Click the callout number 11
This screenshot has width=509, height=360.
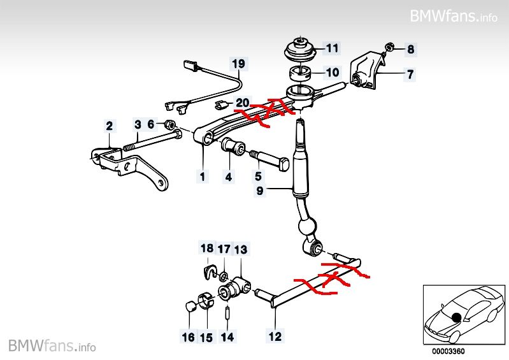332,48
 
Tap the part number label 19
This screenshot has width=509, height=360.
239,64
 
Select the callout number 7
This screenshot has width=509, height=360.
410,75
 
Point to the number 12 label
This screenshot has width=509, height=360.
275,336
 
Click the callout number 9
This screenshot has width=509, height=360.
260,191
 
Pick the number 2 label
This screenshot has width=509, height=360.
110,126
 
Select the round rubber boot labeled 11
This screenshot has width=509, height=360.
299,50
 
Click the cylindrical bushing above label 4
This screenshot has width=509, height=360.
233,147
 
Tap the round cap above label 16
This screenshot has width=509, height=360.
191,306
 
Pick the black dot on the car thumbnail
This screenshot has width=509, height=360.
457,317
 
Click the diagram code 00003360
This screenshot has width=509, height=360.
448,351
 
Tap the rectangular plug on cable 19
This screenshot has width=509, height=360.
190,64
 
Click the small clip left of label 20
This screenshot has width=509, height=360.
222,105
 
